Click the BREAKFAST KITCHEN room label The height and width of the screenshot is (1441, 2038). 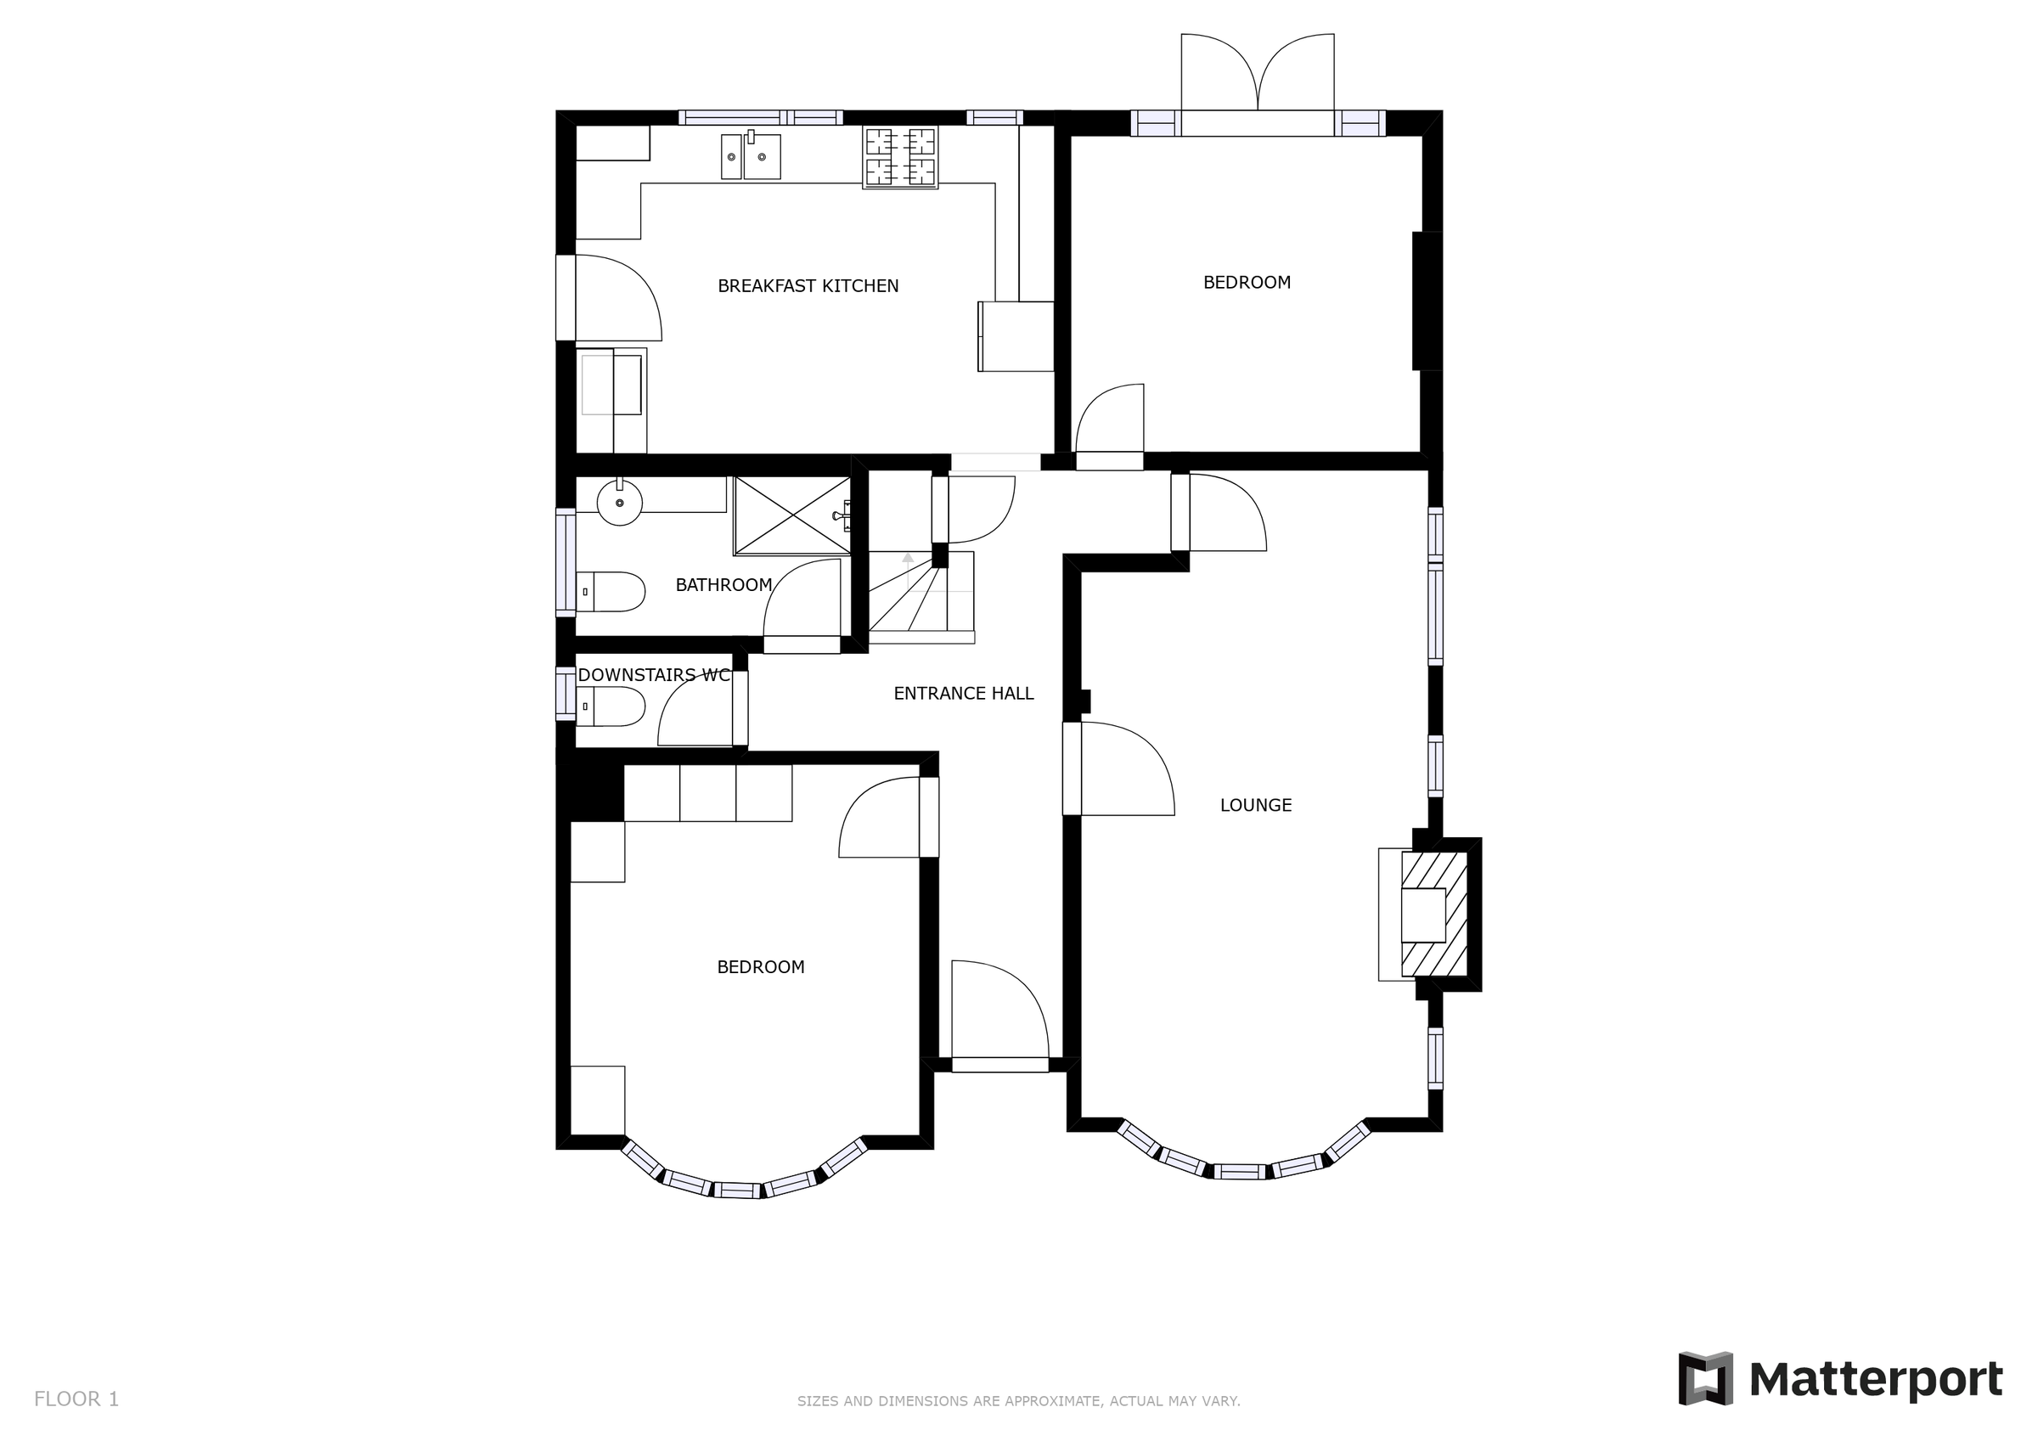click(x=808, y=286)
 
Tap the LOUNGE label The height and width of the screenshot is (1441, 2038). click(x=1255, y=805)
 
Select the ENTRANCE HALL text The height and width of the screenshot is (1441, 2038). click(x=963, y=694)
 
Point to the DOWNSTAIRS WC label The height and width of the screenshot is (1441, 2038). click(x=653, y=675)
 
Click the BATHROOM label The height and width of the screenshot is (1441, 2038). click(x=723, y=585)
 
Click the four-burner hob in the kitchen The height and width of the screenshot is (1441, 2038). click(x=900, y=157)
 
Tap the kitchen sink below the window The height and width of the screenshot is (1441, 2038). click(x=751, y=156)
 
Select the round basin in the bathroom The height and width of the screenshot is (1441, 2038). click(x=619, y=502)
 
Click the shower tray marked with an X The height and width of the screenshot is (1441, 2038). click(x=791, y=515)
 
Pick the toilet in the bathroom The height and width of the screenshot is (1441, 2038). click(x=611, y=591)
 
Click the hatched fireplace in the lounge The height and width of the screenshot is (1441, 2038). click(x=1433, y=915)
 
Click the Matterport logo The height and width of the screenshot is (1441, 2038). click(x=1839, y=1379)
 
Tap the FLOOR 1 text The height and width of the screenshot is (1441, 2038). click(x=76, y=1399)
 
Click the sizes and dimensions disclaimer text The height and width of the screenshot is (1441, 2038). click(x=1018, y=1401)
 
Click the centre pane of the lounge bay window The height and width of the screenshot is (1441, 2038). click(x=1239, y=1171)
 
